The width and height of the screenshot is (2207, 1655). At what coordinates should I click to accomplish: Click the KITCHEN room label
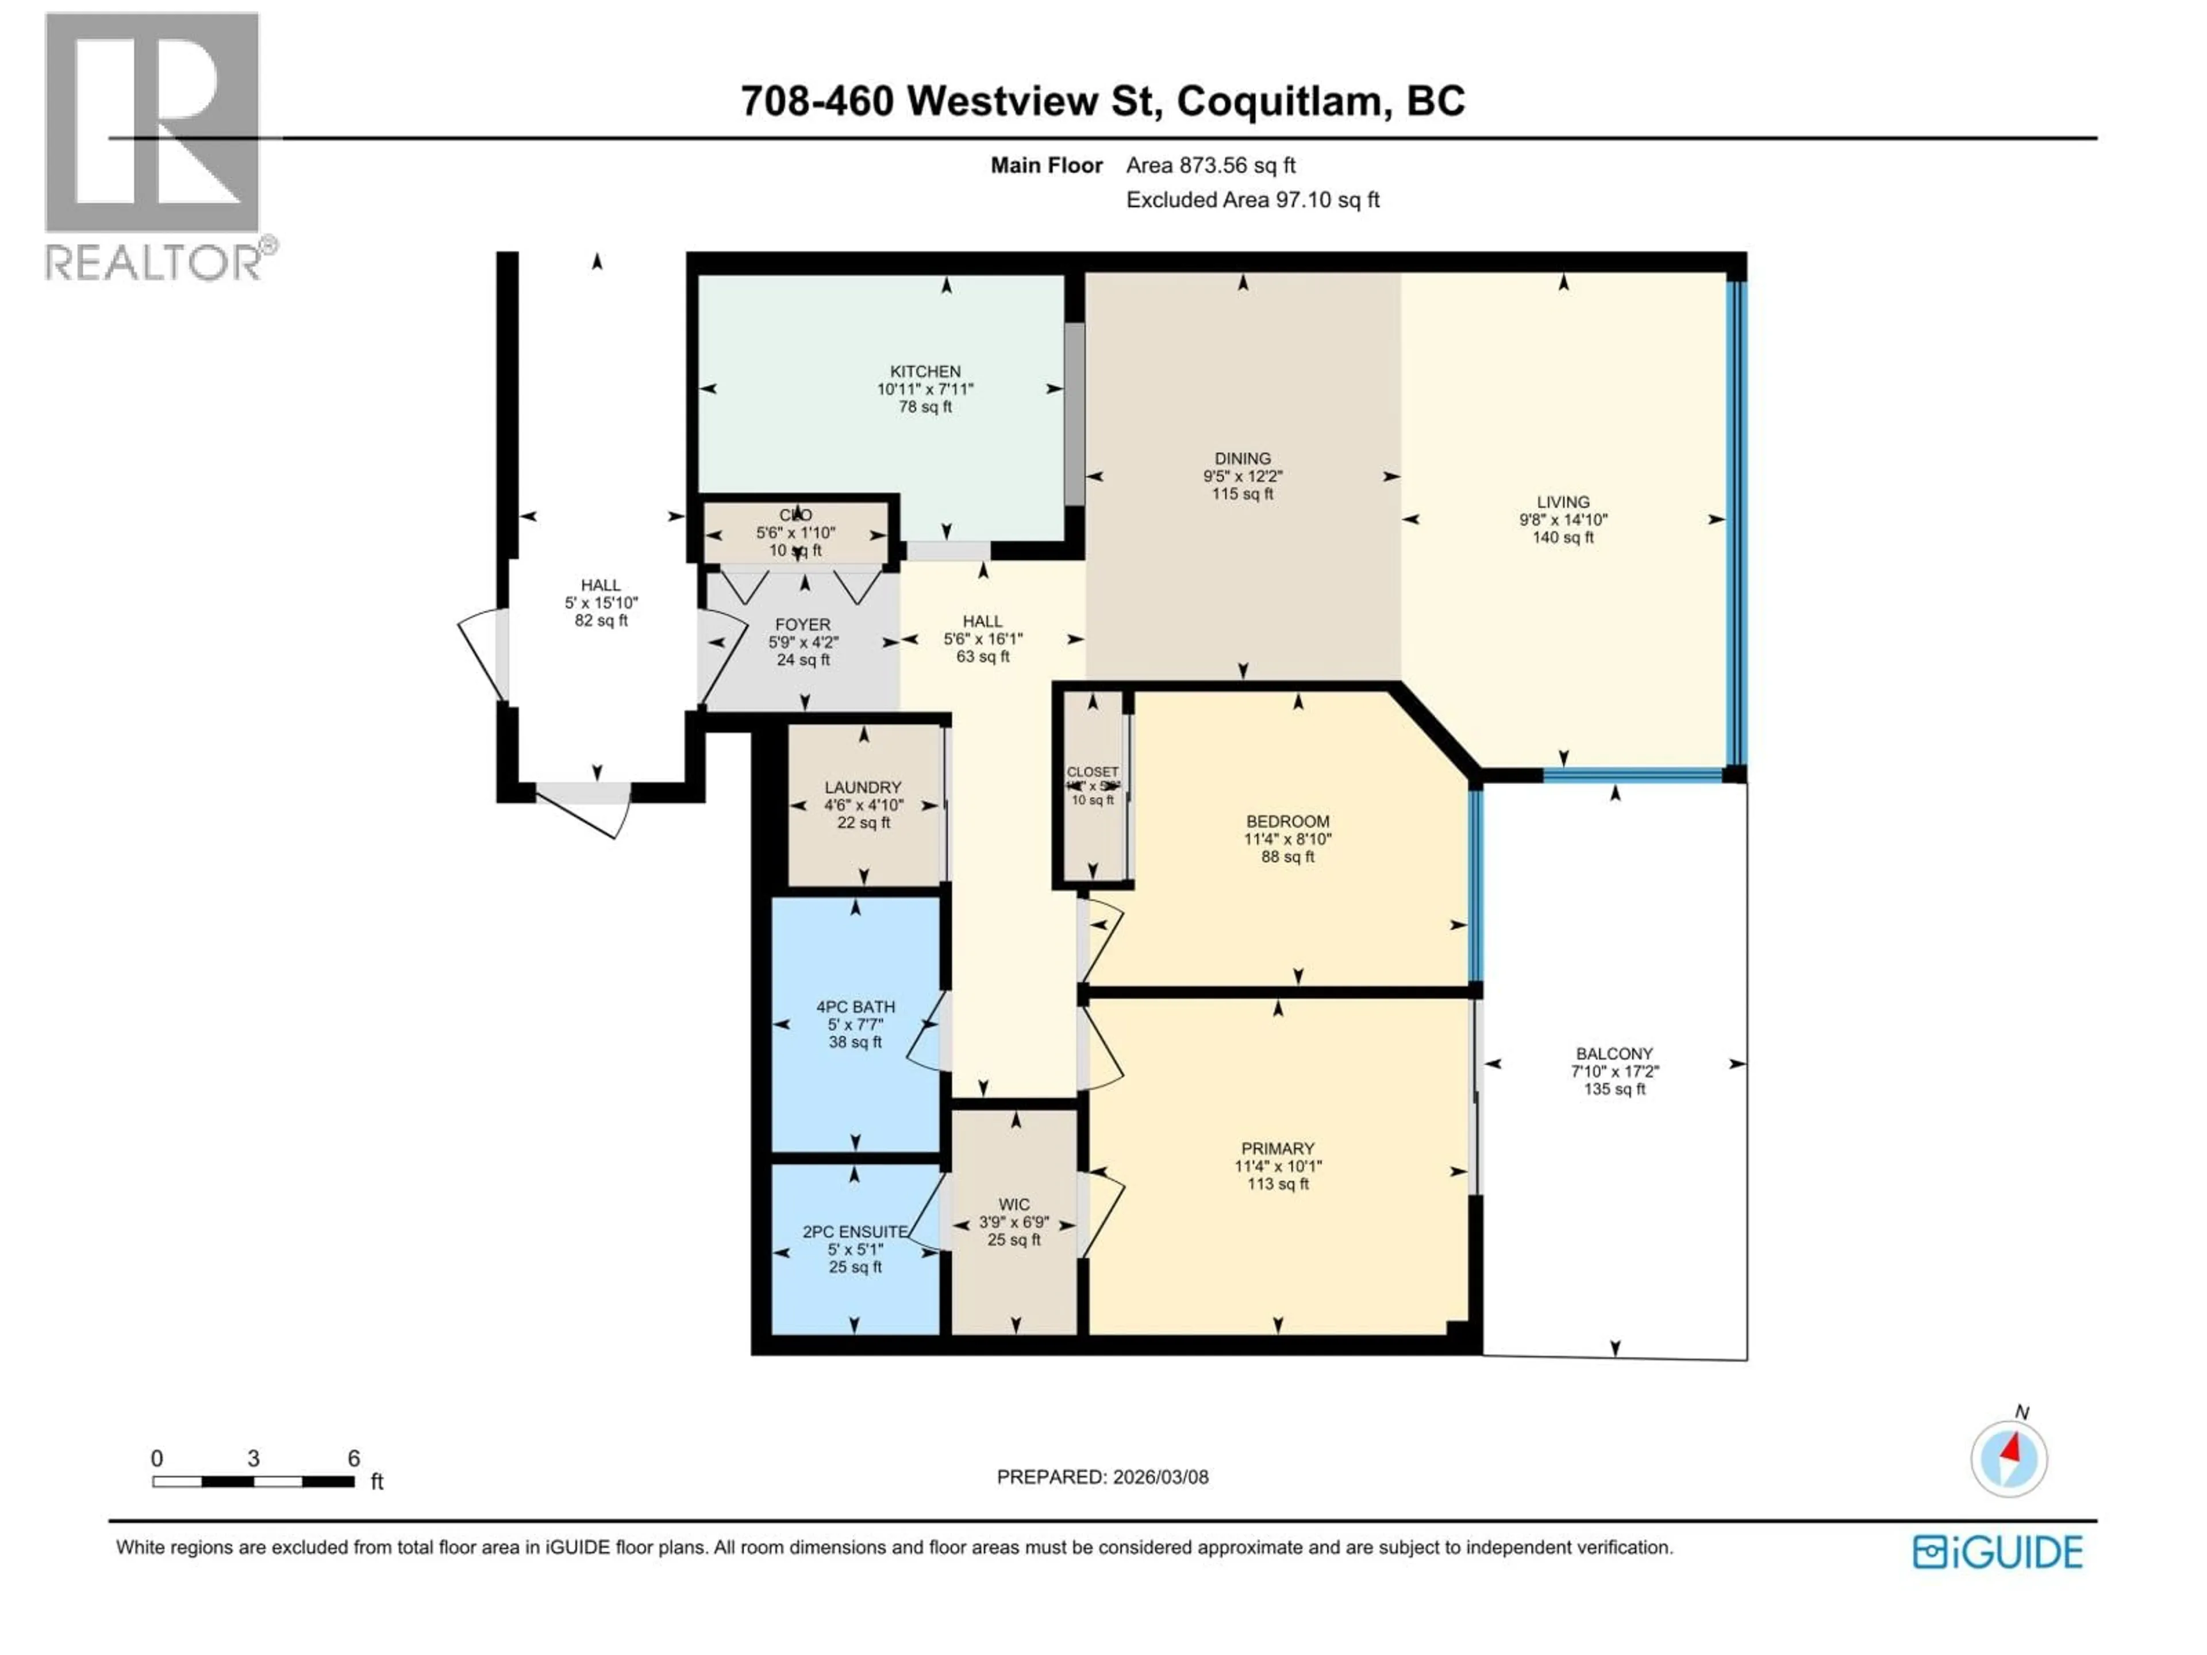925,371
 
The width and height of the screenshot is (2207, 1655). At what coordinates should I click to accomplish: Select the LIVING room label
1563,502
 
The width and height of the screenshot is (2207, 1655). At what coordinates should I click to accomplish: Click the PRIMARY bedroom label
1277,1148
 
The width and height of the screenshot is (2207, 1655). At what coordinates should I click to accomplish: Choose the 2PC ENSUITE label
854,1231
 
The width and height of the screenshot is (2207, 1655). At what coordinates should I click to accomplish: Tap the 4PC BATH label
855,1007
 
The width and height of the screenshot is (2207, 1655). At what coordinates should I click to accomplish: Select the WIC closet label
1014,1204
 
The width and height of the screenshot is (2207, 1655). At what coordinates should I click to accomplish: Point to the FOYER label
802,625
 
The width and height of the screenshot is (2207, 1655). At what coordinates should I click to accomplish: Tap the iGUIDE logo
1997,1552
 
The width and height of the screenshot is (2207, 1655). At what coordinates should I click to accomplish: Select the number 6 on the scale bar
353,1458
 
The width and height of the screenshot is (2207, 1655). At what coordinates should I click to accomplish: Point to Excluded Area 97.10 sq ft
1252,199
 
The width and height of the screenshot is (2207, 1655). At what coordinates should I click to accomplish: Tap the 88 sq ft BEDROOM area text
1287,856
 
